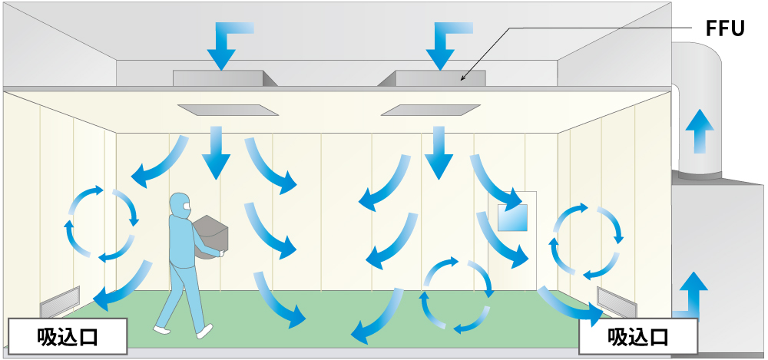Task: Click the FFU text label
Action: (725, 29)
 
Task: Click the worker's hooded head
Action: (180, 203)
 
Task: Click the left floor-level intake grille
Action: (60, 302)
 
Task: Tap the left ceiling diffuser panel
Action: (227, 110)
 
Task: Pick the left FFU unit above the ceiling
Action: (222, 78)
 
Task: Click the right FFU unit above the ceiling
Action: (440, 78)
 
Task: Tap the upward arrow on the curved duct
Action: (699, 131)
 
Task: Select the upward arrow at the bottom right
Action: (693, 292)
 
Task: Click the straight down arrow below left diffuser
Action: (216, 150)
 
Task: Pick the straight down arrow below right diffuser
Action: (439, 150)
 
